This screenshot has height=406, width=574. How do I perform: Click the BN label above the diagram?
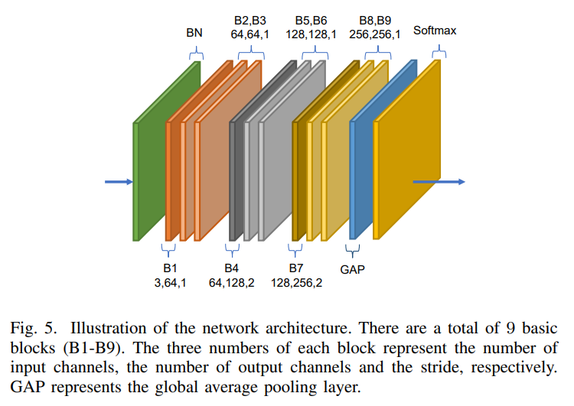[194, 34]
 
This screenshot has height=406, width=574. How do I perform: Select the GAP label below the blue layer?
[353, 269]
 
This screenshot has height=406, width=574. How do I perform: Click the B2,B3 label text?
[250, 20]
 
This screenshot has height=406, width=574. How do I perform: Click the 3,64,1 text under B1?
[170, 282]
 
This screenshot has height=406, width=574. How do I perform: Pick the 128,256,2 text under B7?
[296, 282]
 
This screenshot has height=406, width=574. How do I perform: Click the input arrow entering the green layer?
[119, 182]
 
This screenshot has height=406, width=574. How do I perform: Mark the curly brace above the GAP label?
[353, 250]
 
